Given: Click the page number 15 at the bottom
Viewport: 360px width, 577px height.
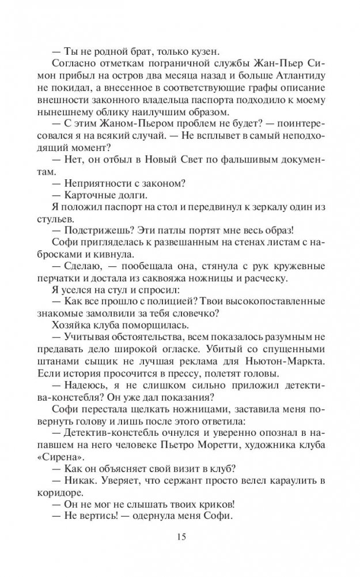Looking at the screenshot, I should point(180,537).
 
